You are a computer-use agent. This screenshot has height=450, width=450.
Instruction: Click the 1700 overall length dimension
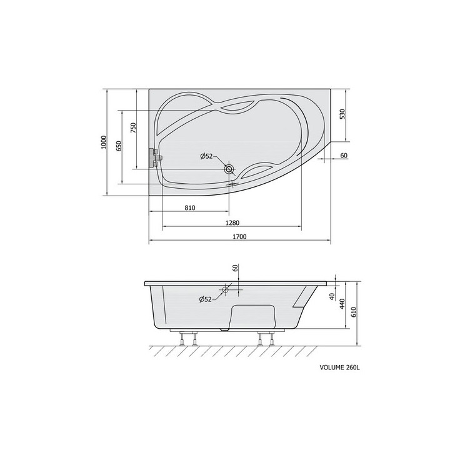[x=239, y=237]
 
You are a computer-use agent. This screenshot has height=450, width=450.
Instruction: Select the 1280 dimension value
[x=232, y=222]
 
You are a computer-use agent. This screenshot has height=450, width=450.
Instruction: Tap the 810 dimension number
[x=190, y=207]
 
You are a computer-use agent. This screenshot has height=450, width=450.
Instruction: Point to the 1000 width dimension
[x=104, y=142]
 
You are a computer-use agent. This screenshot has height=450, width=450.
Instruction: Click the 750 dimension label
[x=134, y=128]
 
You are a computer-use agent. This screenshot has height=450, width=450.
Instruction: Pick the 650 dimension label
[x=119, y=146]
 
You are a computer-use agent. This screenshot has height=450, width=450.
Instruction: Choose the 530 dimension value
[x=342, y=114]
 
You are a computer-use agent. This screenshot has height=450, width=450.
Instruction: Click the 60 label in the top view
[x=344, y=156]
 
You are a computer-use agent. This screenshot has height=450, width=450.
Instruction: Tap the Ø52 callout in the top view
[x=206, y=156]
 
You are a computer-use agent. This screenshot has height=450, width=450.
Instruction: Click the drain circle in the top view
[x=229, y=169]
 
